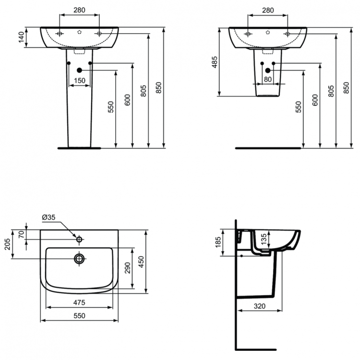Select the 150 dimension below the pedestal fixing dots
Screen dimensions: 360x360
click(80, 80)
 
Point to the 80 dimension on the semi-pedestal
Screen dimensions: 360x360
click(268, 80)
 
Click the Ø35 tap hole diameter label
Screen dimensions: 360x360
click(49, 217)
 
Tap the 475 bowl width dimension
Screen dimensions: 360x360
click(79, 302)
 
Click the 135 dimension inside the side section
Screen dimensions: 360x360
click(263, 239)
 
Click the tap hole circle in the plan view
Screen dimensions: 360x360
click(79, 239)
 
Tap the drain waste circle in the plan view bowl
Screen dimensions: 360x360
click(79, 258)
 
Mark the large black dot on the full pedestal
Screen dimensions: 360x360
click(80, 71)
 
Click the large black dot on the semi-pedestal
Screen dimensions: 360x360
click(268, 71)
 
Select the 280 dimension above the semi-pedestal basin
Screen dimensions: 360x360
click(268, 9)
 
